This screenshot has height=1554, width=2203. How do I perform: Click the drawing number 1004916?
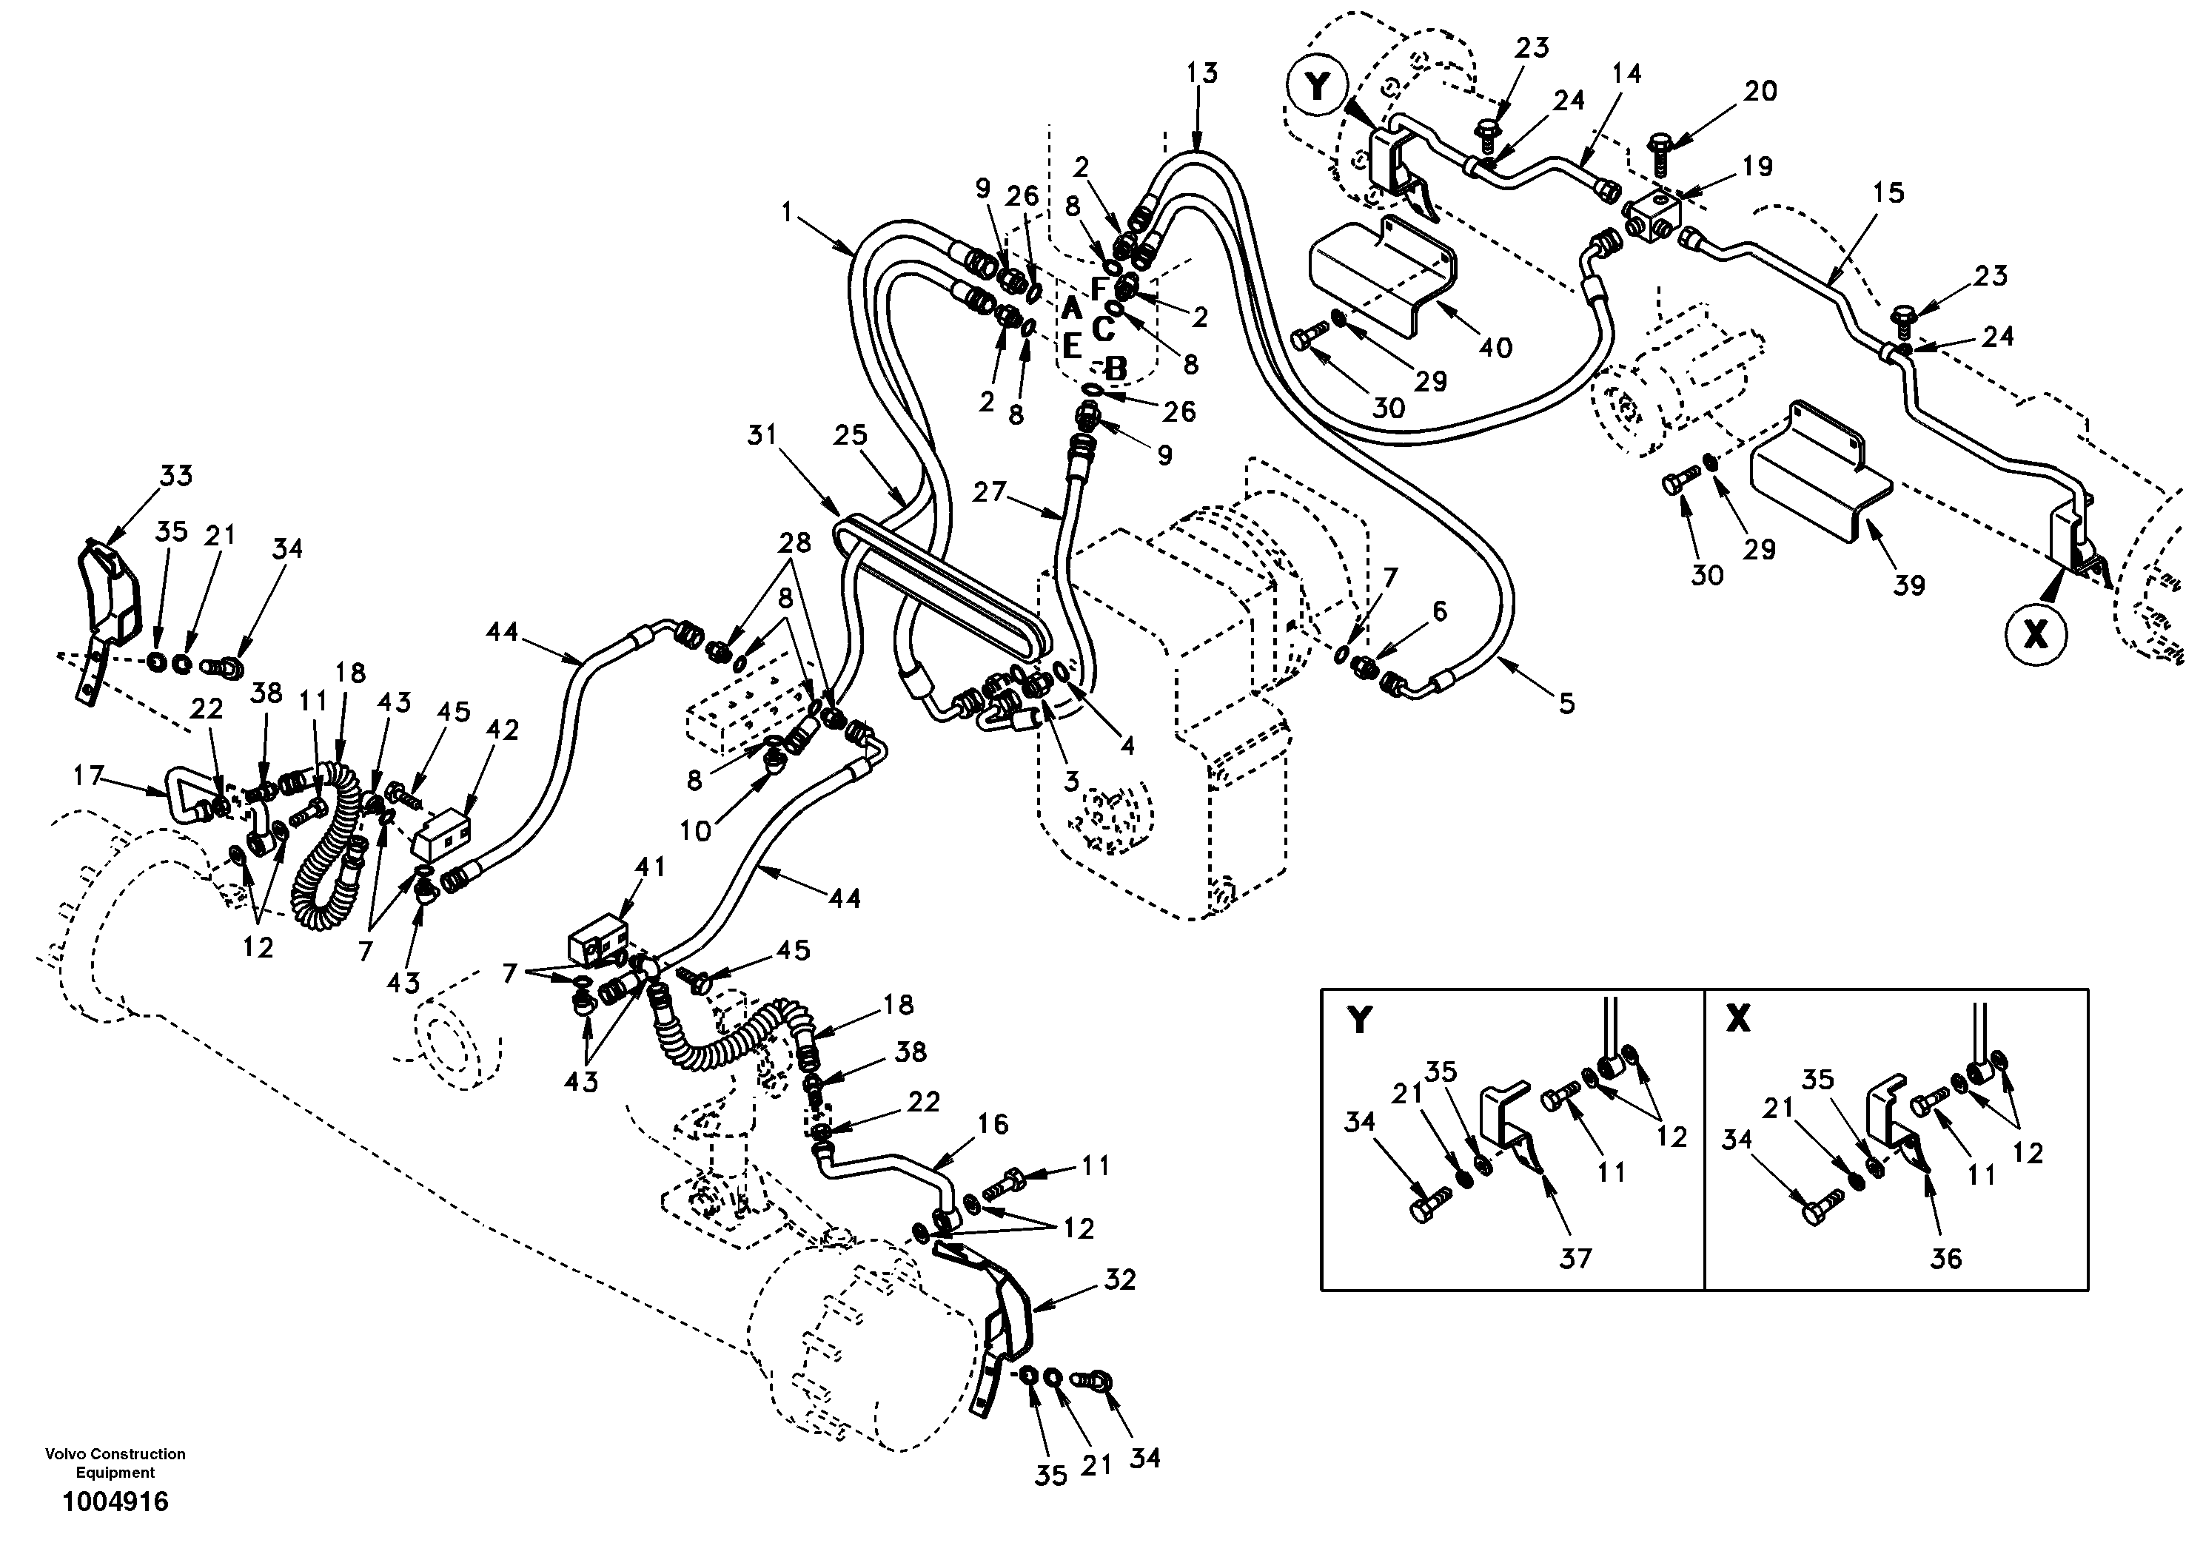(x=115, y=1502)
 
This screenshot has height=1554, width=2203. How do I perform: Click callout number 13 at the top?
(x=1201, y=73)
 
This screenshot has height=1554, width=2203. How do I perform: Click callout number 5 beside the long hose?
(x=1566, y=704)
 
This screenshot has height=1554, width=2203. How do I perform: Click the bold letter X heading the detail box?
(x=1737, y=1020)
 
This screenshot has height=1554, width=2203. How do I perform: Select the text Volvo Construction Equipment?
(x=115, y=1463)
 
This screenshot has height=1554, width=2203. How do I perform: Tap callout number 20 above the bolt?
(x=1760, y=91)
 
